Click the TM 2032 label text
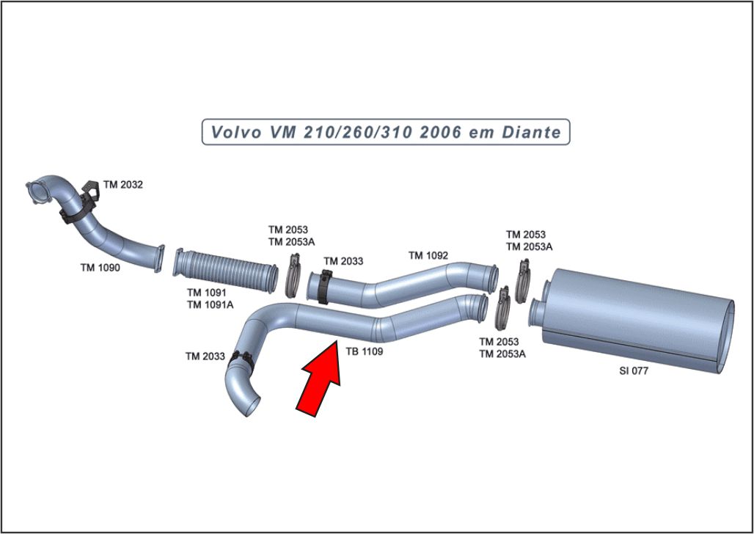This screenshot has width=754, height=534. click(x=122, y=185)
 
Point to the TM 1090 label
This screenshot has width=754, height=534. click(x=100, y=268)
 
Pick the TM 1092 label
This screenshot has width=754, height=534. click(x=428, y=256)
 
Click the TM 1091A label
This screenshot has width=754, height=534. click(x=210, y=304)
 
